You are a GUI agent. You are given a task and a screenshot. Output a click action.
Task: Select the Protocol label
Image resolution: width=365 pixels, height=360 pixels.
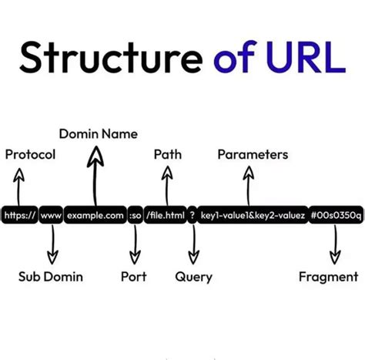click(x=30, y=155)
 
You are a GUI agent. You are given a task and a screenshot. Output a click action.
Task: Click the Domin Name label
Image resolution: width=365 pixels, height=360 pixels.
click(x=98, y=134)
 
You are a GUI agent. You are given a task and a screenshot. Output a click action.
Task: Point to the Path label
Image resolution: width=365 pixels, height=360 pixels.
click(x=167, y=155)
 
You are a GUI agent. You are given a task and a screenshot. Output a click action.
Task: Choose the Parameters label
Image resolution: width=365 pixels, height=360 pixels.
click(x=253, y=155)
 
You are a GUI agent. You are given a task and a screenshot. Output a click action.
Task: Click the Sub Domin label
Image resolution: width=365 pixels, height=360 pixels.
click(x=51, y=276)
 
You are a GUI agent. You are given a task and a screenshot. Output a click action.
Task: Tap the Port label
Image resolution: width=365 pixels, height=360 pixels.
click(x=134, y=276)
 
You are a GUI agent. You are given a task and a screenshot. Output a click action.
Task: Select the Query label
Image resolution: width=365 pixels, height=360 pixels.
click(x=194, y=276)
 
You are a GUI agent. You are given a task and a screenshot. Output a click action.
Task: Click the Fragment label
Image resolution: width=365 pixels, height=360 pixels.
click(x=328, y=276)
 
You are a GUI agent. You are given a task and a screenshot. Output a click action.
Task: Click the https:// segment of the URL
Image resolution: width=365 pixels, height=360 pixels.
click(x=19, y=216)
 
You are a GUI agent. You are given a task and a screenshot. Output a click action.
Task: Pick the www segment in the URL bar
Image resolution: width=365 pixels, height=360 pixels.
click(x=51, y=216)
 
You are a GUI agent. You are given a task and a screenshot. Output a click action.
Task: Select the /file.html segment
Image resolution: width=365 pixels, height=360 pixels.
click(x=166, y=216)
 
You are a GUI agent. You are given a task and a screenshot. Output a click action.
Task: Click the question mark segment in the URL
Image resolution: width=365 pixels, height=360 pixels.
click(x=192, y=216)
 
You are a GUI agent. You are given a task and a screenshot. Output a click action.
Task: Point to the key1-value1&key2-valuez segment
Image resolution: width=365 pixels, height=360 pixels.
click(x=253, y=216)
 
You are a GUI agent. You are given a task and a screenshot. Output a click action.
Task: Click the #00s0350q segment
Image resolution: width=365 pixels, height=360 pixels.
click(x=336, y=216)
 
